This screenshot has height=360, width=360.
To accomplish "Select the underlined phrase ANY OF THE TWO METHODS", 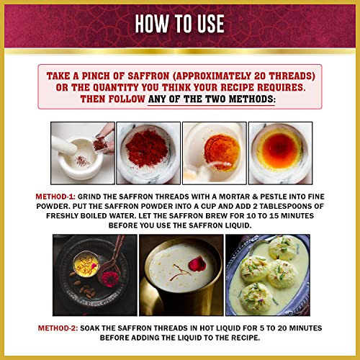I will click(x=211, y=99).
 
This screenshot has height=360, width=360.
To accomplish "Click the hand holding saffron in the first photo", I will click(x=106, y=136).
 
